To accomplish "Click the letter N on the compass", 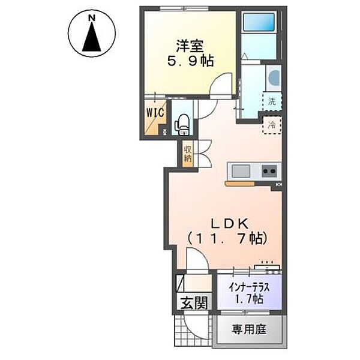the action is [x=92, y=18].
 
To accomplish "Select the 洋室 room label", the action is [x=190, y=46].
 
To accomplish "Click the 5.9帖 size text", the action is [x=190, y=61].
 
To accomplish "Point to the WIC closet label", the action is [x=155, y=112].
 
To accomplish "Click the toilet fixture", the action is [x=182, y=125].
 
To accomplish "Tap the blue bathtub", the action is [x=259, y=22].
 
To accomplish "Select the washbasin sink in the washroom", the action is [x=274, y=78].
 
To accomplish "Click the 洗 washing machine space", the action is [x=272, y=101].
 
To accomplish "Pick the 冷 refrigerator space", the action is [x=272, y=125].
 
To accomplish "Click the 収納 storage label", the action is [x=188, y=154].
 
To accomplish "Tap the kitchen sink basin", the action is [x=241, y=171].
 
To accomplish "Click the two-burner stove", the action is [x=269, y=171].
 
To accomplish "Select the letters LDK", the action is [x=230, y=224].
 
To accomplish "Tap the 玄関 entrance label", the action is [x=194, y=302].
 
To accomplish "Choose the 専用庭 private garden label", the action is [x=249, y=330].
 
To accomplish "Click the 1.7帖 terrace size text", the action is [x=249, y=299].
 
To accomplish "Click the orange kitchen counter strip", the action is [x=240, y=184].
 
